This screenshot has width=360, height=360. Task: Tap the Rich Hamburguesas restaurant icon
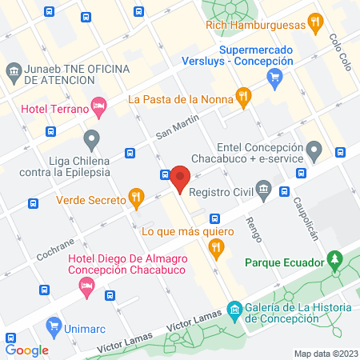pyautogui.click(x=316, y=23)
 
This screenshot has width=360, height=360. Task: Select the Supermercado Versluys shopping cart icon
pyautogui.click(x=275, y=77)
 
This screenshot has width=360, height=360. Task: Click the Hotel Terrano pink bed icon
pyautogui.click(x=99, y=105)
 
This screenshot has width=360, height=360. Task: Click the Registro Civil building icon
pyautogui.click(x=264, y=190)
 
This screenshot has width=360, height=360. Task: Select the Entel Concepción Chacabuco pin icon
pyautogui.click(x=314, y=150)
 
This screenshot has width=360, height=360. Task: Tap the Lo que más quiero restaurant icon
pyautogui.click(x=214, y=250)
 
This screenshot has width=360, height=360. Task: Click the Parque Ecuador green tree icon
pyautogui.click(x=336, y=262)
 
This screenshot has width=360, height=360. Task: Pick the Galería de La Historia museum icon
pyautogui.click(x=234, y=309)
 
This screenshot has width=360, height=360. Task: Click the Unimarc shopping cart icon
pyautogui.click(x=54, y=325)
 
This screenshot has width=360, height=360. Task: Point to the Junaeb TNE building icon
pyautogui.click(x=14, y=72)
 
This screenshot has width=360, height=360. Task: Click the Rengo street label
pyautogui.click(x=253, y=230)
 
